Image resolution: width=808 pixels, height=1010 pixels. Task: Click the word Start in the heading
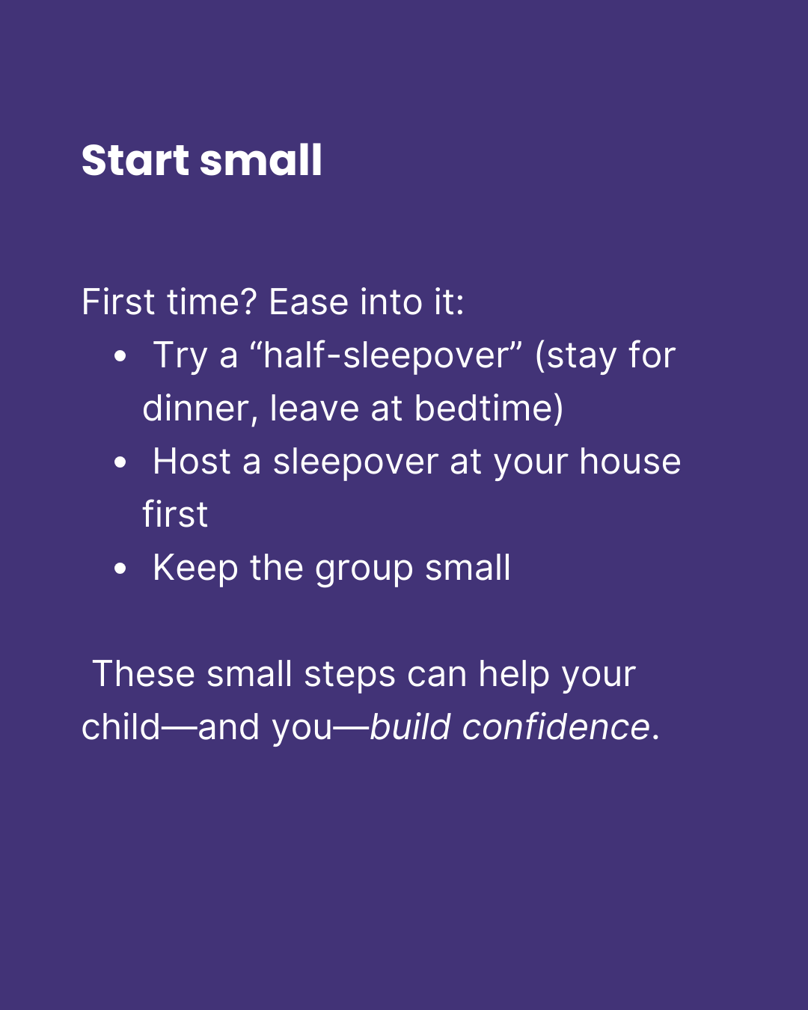click(x=135, y=161)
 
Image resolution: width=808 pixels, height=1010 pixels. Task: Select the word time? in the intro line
click(x=211, y=302)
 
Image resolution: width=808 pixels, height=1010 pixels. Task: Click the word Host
click(x=192, y=462)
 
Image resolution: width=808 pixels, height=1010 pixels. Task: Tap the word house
click(x=630, y=462)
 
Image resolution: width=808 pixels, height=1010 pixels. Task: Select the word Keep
click(x=195, y=569)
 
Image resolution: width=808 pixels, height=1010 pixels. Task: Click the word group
click(x=364, y=569)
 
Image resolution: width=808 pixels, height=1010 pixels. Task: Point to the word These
click(x=144, y=674)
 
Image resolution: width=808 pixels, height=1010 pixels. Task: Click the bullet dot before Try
click(x=120, y=356)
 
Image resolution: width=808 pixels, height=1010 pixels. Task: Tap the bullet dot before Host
click(x=120, y=463)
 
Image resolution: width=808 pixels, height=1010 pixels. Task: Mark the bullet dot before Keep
click(x=120, y=569)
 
